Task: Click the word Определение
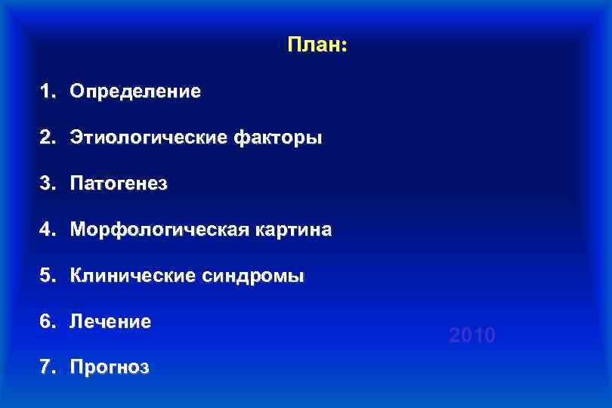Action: pos(135,92)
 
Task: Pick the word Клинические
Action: pos(132,276)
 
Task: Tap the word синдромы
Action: pos(253,276)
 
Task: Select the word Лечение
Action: pos(110,322)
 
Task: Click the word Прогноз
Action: pos(110,368)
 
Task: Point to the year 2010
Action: pos(472,335)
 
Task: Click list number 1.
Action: pos(48,92)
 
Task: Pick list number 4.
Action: pos(48,230)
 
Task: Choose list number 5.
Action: pos(48,276)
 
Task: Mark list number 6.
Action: pos(48,322)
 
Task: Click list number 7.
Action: pos(48,368)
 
